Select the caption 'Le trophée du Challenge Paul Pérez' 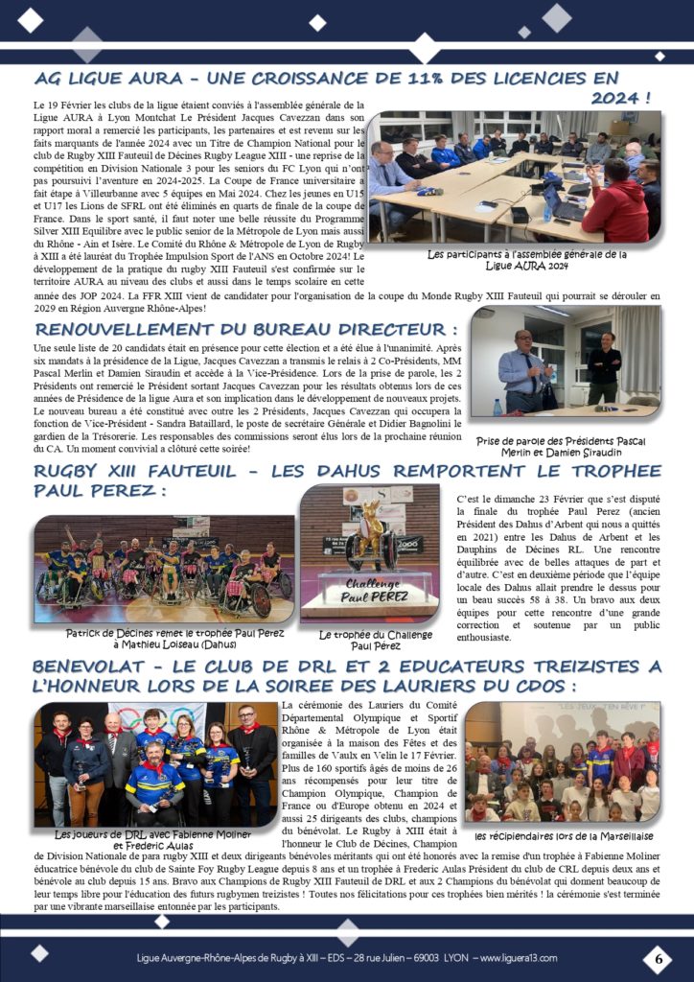click(x=370, y=639)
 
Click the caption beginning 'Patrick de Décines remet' click(x=164, y=639)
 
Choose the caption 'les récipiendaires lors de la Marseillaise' click(x=563, y=835)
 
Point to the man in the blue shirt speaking click(x=522, y=368)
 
